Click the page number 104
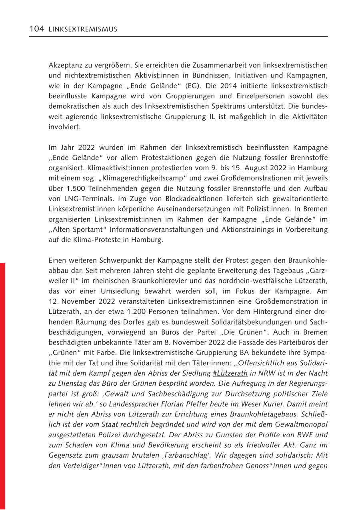coord(37,29)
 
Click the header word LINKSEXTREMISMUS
coord(83,30)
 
